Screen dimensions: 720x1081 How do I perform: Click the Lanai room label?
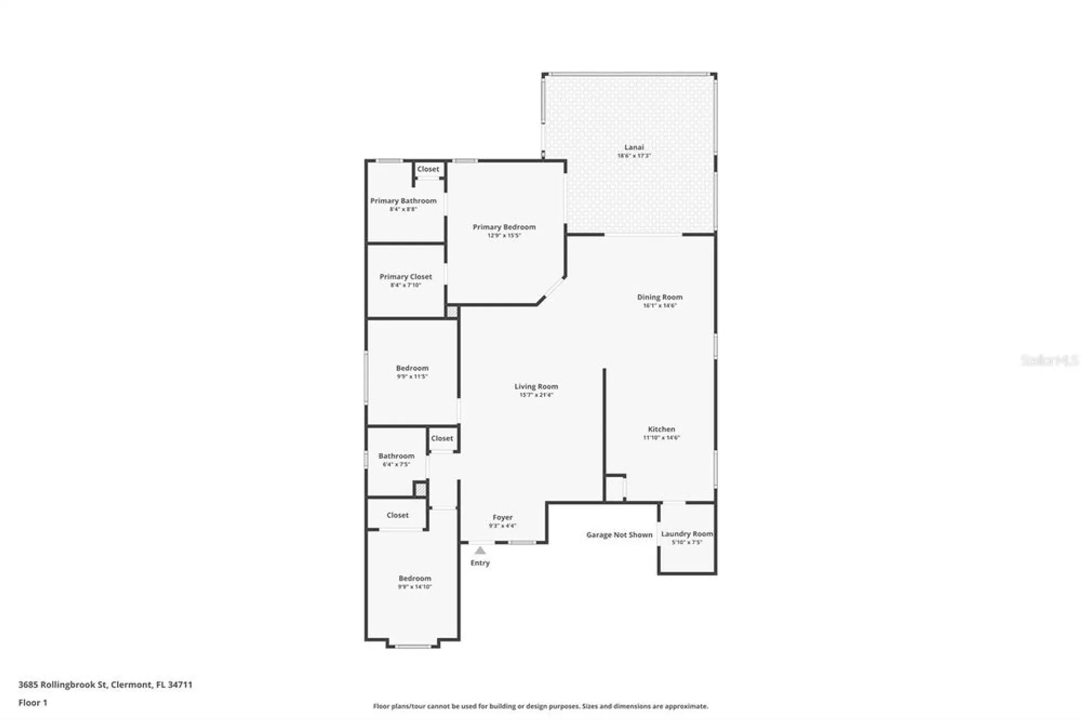(x=634, y=147)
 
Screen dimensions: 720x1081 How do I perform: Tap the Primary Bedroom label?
(x=504, y=227)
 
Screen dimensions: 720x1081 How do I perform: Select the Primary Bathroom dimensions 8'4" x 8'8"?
(x=403, y=209)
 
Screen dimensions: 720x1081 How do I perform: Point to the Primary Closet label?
(x=405, y=277)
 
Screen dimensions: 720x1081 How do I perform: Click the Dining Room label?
(x=659, y=297)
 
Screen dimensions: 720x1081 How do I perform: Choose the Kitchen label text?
(x=661, y=429)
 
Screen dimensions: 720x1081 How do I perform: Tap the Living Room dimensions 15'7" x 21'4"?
(x=536, y=395)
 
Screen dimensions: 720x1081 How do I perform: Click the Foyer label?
(x=502, y=517)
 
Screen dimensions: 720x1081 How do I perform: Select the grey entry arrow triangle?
(x=480, y=550)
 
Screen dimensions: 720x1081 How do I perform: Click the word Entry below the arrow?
(x=480, y=563)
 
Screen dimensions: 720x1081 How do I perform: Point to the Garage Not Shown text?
(x=619, y=535)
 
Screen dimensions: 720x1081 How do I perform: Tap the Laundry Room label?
(x=686, y=534)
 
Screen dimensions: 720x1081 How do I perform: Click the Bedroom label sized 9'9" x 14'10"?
(x=415, y=578)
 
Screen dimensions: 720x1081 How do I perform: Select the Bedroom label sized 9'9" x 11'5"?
(x=412, y=368)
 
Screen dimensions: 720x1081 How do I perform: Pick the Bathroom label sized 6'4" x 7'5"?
(x=396, y=456)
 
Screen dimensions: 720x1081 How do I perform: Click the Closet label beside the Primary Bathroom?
(x=428, y=169)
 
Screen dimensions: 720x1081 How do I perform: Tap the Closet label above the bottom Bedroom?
(x=397, y=515)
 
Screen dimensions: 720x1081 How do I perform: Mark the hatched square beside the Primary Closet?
(x=452, y=311)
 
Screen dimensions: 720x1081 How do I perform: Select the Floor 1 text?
(x=32, y=703)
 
